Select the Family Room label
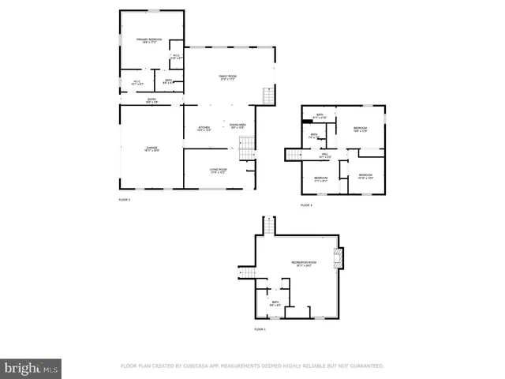tap(228, 77)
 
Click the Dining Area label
tap(238, 127)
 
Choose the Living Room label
tap(219, 170)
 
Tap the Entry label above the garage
tap(151, 99)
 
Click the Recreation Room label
tap(304, 264)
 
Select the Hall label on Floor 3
tap(324, 156)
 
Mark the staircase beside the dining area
tap(247, 148)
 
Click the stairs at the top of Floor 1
tap(269, 226)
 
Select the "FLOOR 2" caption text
tap(124, 200)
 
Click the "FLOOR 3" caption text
tap(306, 205)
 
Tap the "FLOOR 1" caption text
tap(260, 328)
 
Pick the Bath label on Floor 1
tap(275, 302)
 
